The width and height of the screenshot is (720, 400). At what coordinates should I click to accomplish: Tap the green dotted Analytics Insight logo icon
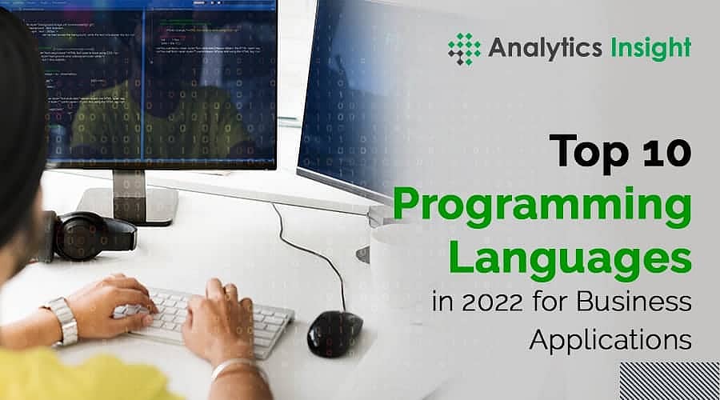coord(465,49)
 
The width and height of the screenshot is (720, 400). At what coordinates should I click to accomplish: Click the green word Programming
coord(542,210)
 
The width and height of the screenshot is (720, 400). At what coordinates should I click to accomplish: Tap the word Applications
coord(609,338)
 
